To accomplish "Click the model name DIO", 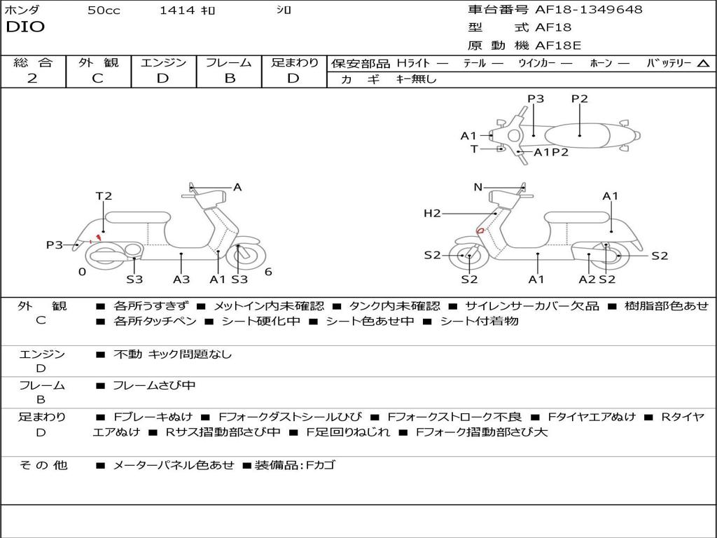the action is (x=25, y=27).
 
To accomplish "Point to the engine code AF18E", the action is (x=558, y=46).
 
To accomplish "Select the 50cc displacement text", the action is (x=104, y=11).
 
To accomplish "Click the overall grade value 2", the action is (x=32, y=78).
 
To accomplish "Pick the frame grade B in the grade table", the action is (x=229, y=78).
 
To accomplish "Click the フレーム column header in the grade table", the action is (x=229, y=62).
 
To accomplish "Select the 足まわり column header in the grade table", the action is (x=294, y=62).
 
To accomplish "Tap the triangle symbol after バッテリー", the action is (x=703, y=63).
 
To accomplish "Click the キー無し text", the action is (x=416, y=79).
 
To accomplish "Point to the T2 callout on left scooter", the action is (x=104, y=196).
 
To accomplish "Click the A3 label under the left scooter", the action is (x=181, y=280).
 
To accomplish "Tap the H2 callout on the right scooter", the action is (x=432, y=213).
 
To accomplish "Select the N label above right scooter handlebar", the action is (x=478, y=187).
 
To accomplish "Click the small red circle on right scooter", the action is (x=480, y=230).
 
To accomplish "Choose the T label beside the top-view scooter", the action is (x=474, y=149).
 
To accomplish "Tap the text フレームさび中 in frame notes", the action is (x=154, y=385).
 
